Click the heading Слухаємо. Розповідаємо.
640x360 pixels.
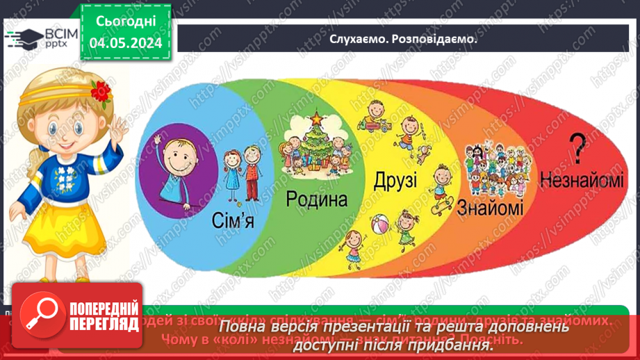tap(404, 39)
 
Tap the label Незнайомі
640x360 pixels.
tap(576, 179)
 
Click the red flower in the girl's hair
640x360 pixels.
tap(101, 90)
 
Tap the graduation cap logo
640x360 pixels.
tap(22, 38)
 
